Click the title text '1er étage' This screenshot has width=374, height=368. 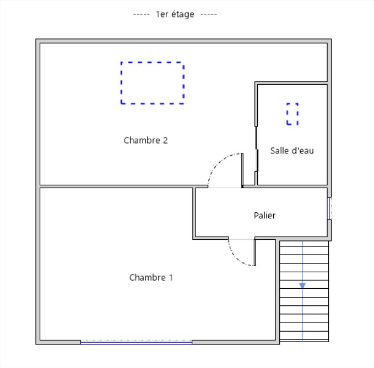click(175, 14)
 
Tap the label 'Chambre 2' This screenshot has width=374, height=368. click(146, 140)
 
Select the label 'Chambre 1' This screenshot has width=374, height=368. click(151, 277)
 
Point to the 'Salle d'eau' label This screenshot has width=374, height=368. click(292, 151)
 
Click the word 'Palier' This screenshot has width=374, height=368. click(264, 215)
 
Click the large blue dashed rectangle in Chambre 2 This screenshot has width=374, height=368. click(121, 83)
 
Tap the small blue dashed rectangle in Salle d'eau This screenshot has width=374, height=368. click(287, 114)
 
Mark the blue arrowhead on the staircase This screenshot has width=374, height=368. click(302, 285)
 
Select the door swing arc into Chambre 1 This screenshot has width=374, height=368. click(234, 258)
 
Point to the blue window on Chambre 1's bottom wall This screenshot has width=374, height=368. click(136, 343)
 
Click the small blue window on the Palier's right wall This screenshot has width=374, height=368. click(329, 208)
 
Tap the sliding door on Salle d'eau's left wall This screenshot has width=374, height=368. click(257, 149)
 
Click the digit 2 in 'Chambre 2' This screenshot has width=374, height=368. click(165, 140)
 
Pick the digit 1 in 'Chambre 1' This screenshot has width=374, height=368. click(171, 277)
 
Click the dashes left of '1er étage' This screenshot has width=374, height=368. click(141, 14)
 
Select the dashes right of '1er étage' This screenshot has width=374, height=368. click(209, 14)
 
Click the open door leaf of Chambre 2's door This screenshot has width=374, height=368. click(242, 171)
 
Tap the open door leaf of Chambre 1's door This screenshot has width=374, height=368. click(254, 252)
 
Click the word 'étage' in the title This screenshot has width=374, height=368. click(183, 14)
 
